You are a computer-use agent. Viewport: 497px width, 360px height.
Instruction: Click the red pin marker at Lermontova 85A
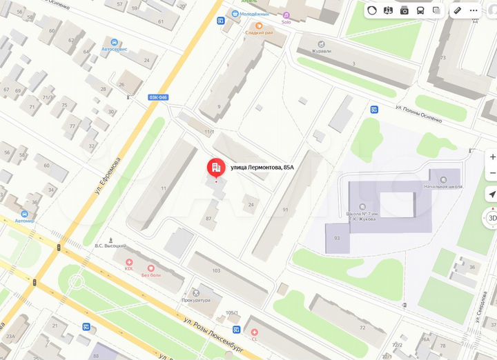216,168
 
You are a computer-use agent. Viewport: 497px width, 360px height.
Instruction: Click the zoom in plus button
492,157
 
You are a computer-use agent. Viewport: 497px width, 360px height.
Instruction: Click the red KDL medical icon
128,262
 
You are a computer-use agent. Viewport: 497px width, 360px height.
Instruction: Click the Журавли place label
322,51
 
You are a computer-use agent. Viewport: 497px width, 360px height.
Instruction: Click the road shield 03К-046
157,97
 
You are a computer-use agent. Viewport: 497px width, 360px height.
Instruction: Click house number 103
216,270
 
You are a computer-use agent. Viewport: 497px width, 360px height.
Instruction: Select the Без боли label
151,275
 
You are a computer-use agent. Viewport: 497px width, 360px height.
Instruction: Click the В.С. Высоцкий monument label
110,245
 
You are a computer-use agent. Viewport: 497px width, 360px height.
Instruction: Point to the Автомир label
25,221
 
